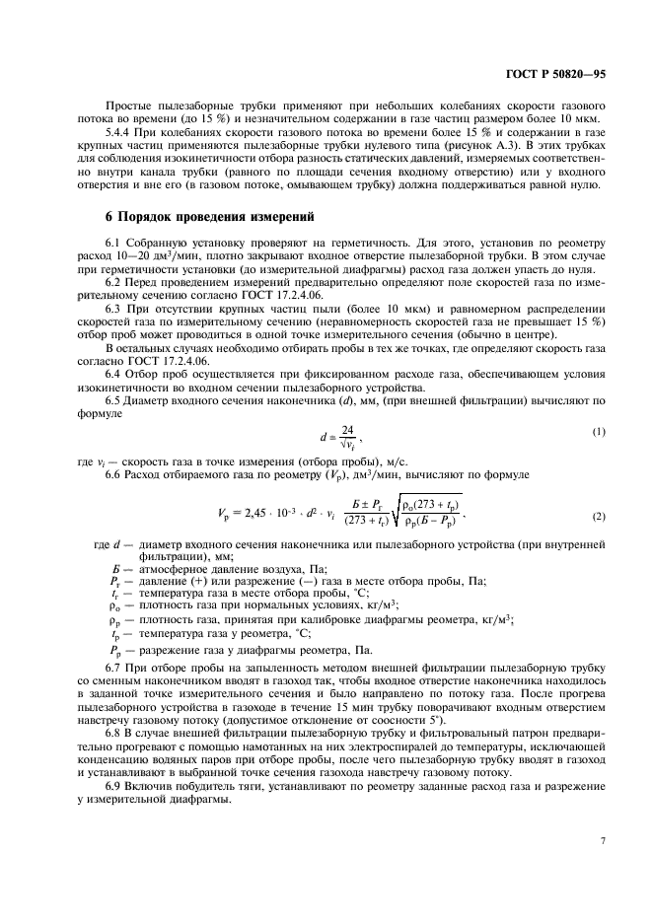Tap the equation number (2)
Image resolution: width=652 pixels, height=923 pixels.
click(x=597, y=517)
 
